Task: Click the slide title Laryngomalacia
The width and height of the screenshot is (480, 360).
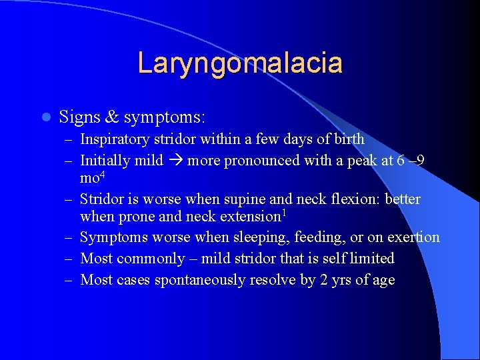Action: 240,63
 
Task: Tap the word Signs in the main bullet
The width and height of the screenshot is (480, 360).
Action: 79,117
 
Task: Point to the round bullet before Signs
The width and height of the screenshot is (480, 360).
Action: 45,118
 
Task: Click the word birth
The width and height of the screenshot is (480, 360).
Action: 349,139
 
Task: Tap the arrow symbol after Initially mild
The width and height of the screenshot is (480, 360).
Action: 175,161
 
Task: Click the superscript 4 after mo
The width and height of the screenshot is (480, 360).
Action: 104,175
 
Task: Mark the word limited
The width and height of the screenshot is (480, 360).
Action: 370,258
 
